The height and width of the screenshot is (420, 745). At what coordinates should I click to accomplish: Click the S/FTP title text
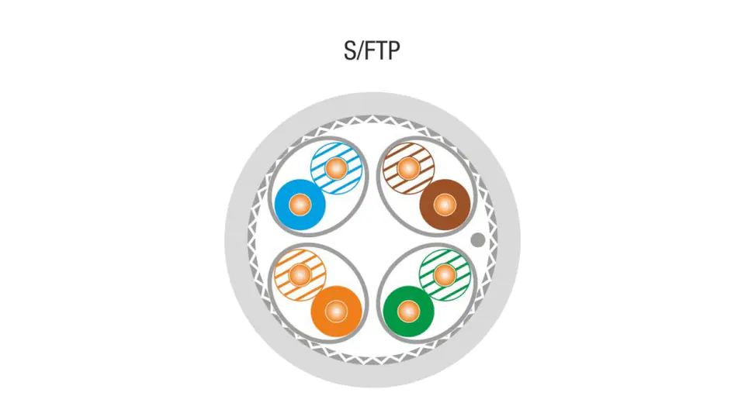click(x=372, y=51)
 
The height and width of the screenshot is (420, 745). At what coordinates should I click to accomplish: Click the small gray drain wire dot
click(x=478, y=239)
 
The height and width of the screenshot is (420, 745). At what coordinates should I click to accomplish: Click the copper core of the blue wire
click(x=300, y=205)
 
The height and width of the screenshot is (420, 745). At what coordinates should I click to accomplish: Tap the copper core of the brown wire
click(x=445, y=205)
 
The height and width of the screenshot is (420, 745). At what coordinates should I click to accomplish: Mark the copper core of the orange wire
click(x=336, y=312)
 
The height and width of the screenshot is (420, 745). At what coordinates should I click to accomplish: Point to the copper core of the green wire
click(x=409, y=312)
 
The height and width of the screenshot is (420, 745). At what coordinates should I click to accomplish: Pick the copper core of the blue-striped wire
click(x=336, y=168)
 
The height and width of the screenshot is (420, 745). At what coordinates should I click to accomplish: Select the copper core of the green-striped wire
click(x=445, y=274)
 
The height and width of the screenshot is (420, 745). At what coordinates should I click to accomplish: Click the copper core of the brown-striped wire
click(x=409, y=168)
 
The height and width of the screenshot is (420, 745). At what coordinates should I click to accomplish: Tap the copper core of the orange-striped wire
click(x=300, y=274)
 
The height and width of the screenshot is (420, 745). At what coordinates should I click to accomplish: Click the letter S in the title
click(x=350, y=51)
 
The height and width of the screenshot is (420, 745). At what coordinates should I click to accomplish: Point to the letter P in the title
click(x=394, y=51)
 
